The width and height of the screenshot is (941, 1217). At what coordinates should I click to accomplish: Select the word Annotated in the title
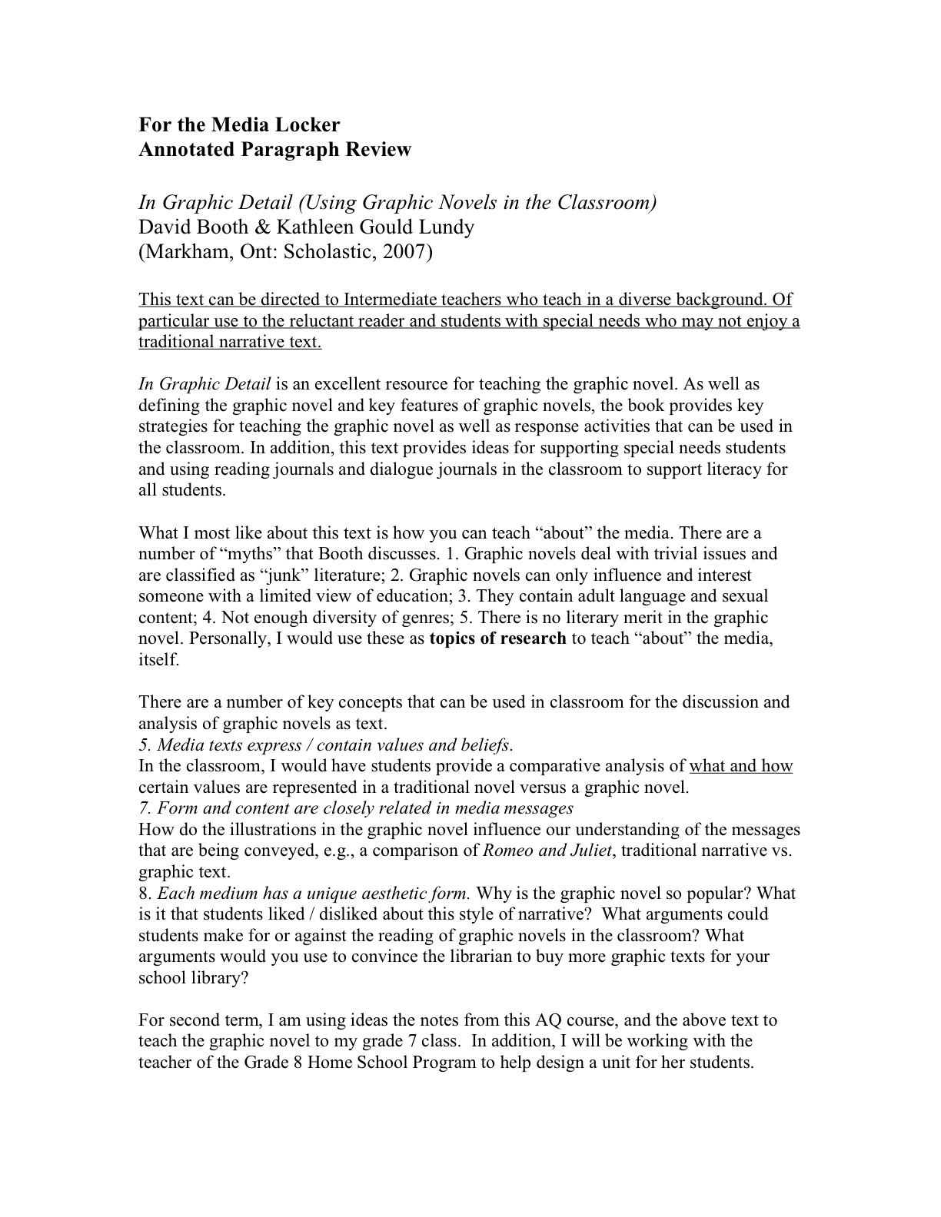pyautogui.click(x=189, y=149)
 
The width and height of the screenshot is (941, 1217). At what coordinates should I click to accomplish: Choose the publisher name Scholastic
pyautogui.click(x=329, y=252)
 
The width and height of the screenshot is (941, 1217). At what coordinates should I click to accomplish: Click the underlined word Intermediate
pyautogui.click(x=389, y=299)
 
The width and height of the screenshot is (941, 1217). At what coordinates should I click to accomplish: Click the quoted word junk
pyautogui.click(x=281, y=575)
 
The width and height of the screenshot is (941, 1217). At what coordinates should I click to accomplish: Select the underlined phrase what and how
pyautogui.click(x=740, y=766)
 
